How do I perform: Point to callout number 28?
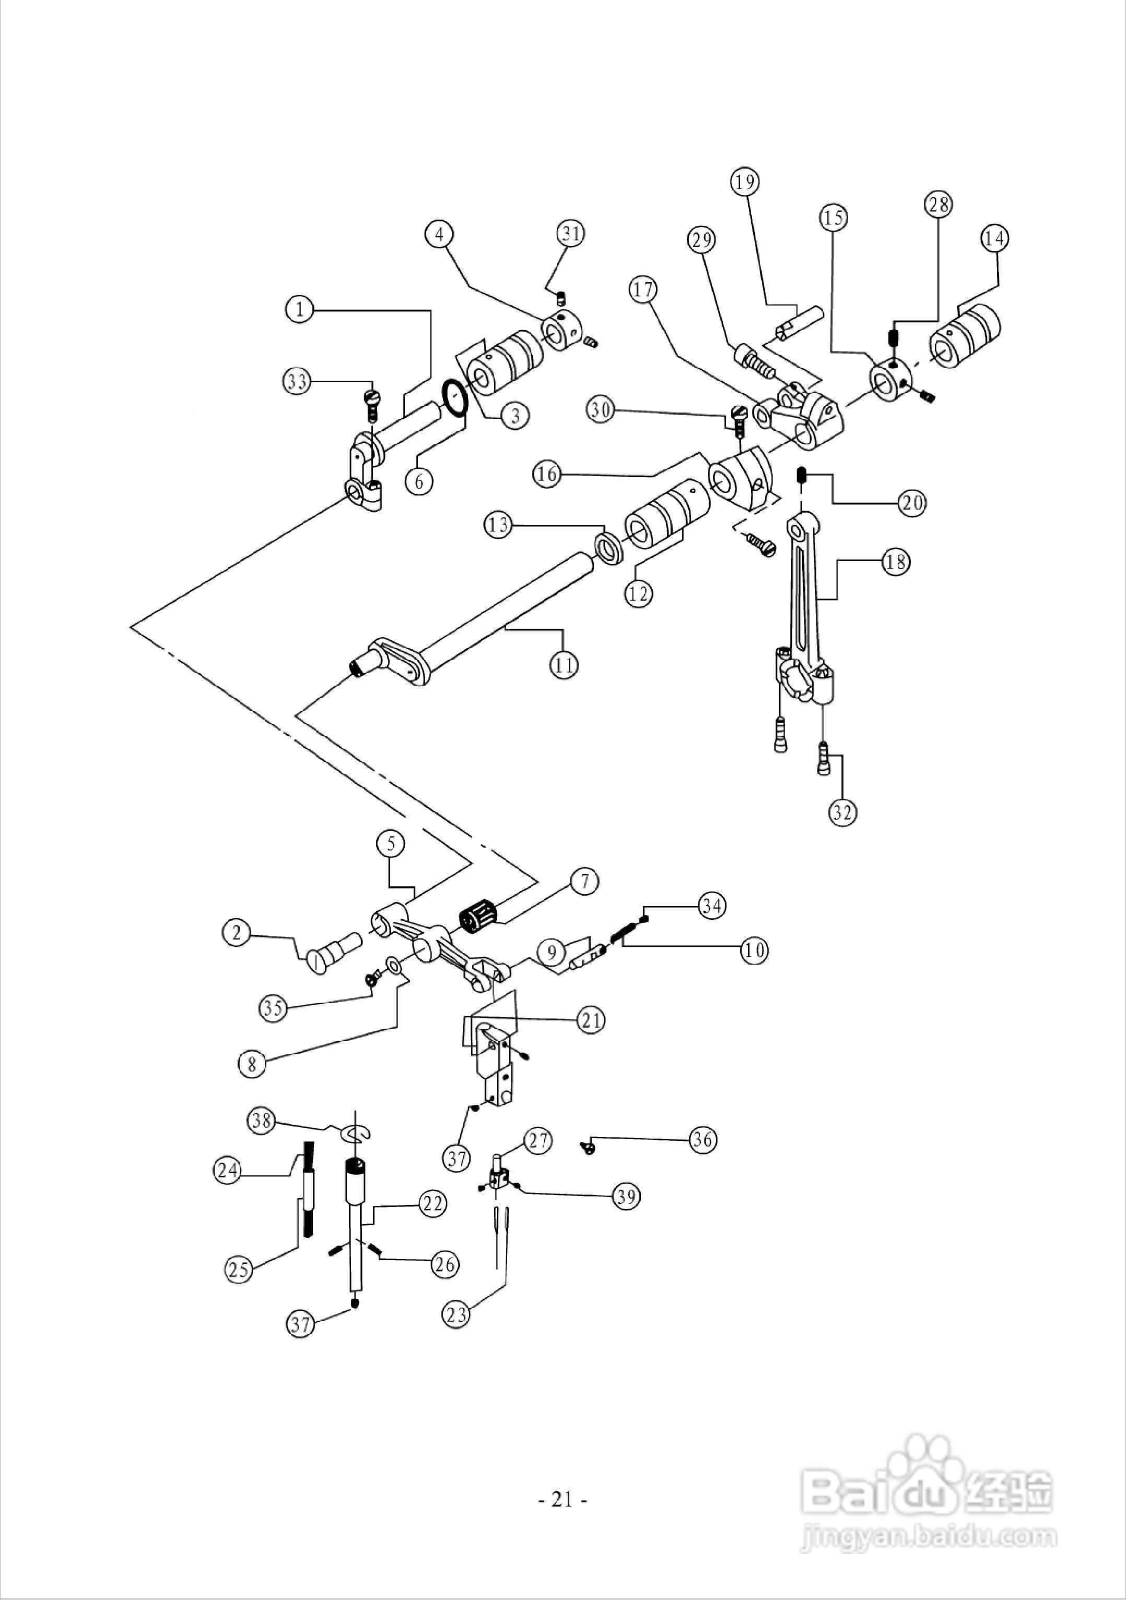(939, 205)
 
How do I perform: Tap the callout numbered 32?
(842, 813)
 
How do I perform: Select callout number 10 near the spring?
(753, 950)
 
